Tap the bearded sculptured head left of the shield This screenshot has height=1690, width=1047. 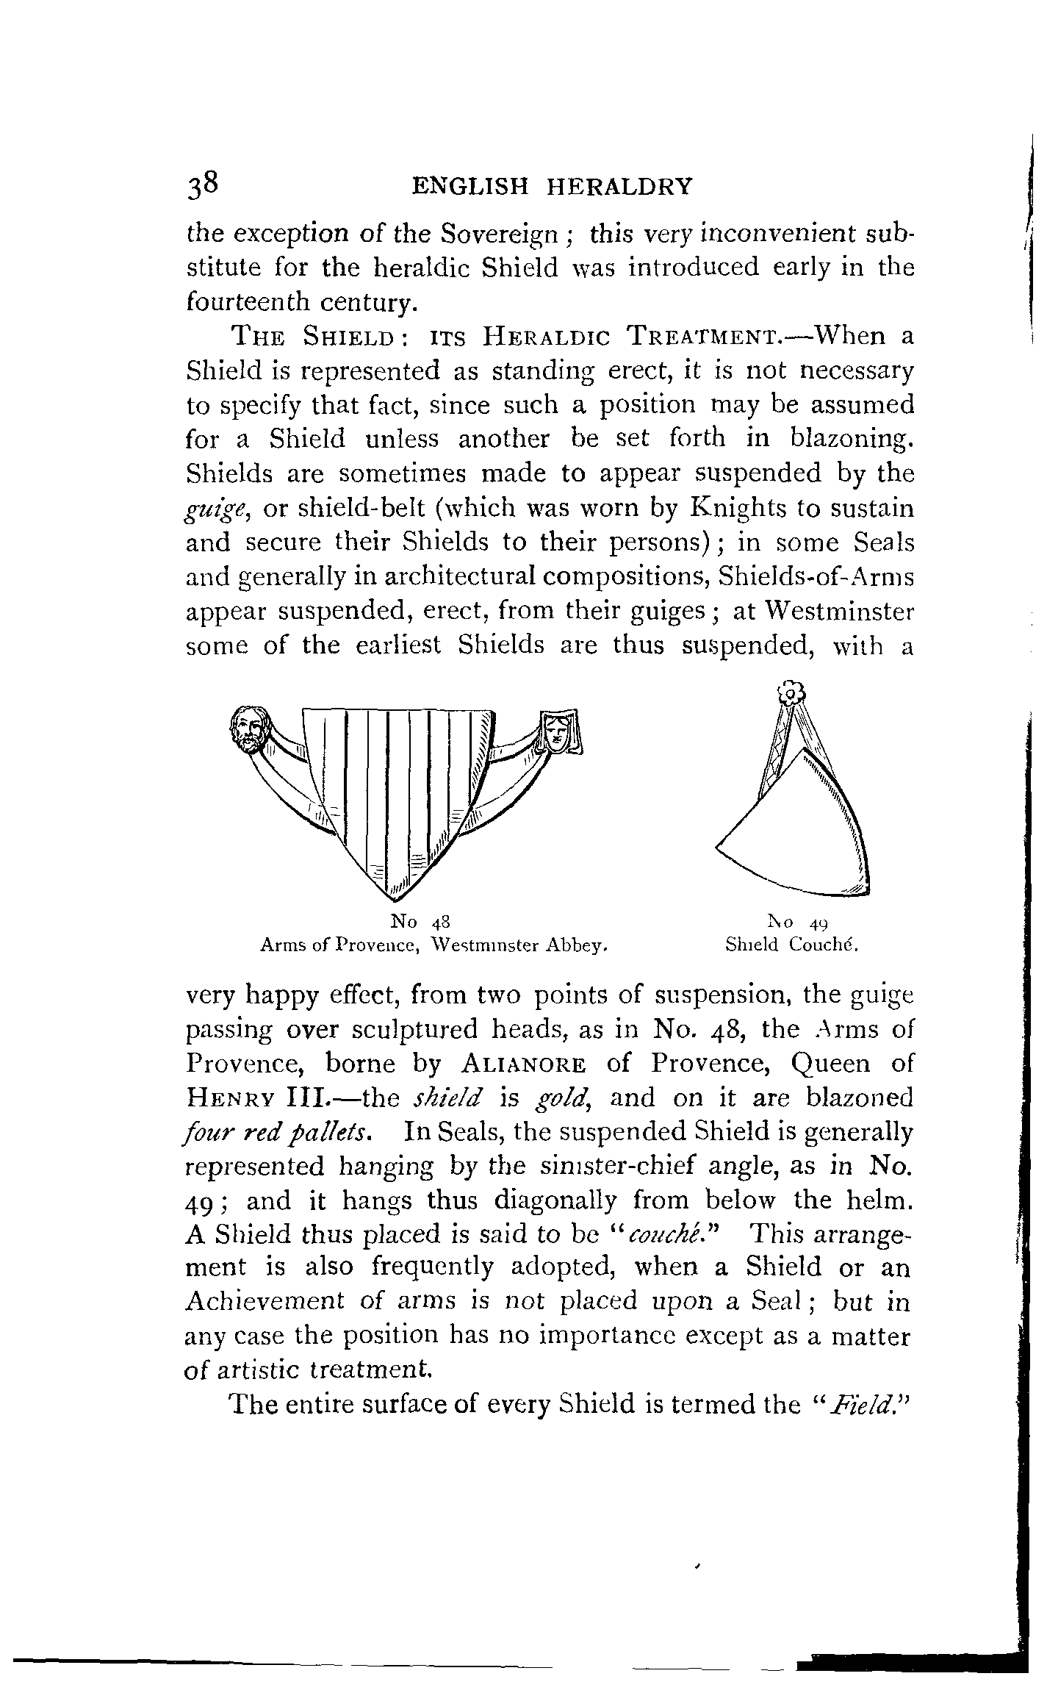coord(250,728)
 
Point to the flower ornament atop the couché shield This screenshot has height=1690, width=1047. coord(790,693)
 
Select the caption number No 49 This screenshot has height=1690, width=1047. coord(798,923)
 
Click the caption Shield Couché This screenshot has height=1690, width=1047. coord(792,945)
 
